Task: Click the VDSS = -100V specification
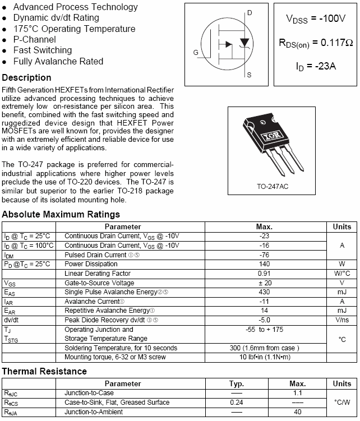pos(316,19)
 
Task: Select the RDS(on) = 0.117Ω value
pos(316,43)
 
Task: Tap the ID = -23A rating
pos(316,67)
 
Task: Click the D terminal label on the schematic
pos(250,12)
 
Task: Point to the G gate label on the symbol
pos(196,53)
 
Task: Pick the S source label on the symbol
pos(249,75)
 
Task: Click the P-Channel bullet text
pos(34,40)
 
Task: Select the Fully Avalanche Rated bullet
pos(58,62)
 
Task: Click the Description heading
pos(26,78)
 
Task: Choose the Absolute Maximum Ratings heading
pos(61,215)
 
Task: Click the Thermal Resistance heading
pos(44,371)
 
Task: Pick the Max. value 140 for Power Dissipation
pos(264,264)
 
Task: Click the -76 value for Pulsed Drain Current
pos(264,255)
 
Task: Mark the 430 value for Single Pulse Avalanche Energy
pos(264,292)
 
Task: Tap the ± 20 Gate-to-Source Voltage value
pos(264,283)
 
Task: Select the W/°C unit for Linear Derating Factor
pos(342,274)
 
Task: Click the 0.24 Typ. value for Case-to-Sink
pos(237,403)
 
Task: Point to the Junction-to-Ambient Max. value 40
pos(297,412)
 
